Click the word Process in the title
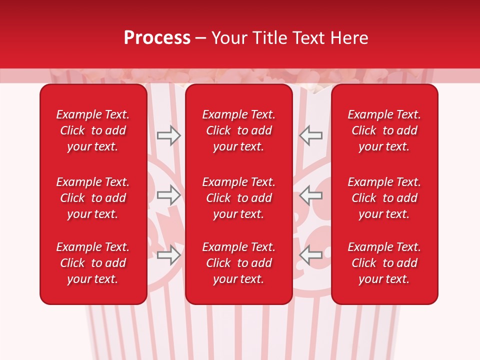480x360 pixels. click(157, 38)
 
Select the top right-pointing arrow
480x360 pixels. click(168, 135)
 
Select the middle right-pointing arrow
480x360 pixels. click(168, 195)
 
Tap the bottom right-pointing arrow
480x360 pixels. click(168, 255)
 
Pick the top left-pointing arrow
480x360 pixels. click(310, 135)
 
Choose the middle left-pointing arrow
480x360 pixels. click(310, 195)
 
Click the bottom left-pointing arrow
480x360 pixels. click(310, 255)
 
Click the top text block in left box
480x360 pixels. click(93, 130)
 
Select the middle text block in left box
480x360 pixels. click(93, 198)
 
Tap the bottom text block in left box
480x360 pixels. click(93, 263)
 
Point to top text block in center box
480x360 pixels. click(239, 130)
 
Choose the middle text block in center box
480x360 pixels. click(239, 198)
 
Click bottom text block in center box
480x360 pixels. click(239, 263)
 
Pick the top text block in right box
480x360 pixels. click(384, 130)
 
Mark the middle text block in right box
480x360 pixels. click(384, 198)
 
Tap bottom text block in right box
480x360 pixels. click(384, 263)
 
